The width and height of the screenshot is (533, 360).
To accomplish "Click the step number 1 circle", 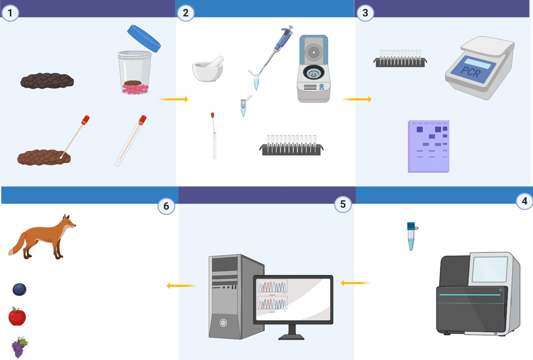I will [10, 13].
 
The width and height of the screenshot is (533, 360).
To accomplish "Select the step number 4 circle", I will [524, 201].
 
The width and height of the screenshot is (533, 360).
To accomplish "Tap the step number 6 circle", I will [166, 206].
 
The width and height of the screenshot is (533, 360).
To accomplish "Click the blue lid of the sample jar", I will [144, 38].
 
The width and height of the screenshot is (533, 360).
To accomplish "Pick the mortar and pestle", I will [208, 69].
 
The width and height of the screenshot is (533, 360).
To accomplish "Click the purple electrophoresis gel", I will [429, 146].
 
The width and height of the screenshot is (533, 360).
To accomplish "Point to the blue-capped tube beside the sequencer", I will [411, 236].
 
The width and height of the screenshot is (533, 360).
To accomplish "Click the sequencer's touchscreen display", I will [490, 270].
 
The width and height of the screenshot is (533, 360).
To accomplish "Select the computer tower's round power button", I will [223, 322].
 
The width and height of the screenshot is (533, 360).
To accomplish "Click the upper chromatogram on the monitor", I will [272, 287].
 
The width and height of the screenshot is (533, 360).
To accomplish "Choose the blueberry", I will [19, 289].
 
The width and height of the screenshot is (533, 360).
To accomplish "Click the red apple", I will [17, 317].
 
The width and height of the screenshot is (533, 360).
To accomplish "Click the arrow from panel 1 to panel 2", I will [174, 99].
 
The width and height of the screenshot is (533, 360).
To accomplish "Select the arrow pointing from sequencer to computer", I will [355, 283].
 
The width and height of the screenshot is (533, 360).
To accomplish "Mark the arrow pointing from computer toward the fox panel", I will [181, 285].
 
